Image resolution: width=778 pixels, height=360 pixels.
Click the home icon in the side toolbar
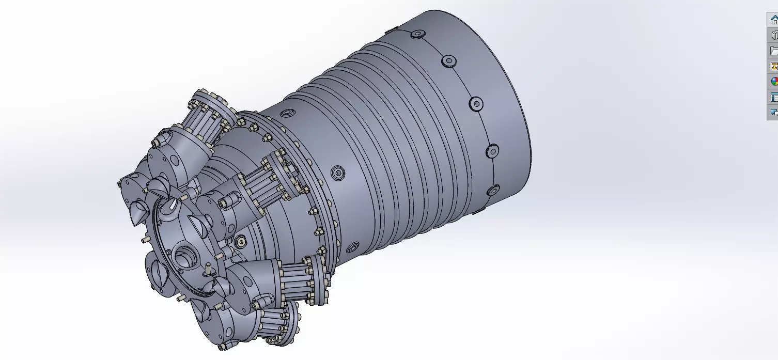coord(773,20)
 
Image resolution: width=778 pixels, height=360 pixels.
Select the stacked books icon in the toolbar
coord(773,35)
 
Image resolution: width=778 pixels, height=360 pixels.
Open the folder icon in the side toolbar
coord(773,51)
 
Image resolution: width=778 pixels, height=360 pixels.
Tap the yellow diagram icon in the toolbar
coord(773,66)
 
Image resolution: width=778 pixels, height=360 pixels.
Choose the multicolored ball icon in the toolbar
coord(773,82)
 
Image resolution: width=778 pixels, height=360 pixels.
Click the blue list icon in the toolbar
coord(773,97)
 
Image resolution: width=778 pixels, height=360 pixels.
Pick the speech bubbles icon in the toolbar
coord(773,112)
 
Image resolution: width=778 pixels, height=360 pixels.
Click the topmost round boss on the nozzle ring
coord(417,35)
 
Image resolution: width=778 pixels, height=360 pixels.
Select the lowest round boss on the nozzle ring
coord(493,191)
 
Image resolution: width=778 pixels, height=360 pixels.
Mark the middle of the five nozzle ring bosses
coord(476,103)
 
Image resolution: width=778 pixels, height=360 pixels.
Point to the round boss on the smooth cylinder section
coord(338,173)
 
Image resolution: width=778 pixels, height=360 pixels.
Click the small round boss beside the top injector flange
coord(286,112)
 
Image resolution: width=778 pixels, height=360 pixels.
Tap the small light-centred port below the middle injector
coord(240,241)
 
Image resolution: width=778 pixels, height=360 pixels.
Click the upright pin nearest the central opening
coord(207,269)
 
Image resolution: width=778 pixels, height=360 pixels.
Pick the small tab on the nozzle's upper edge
coord(391,29)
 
